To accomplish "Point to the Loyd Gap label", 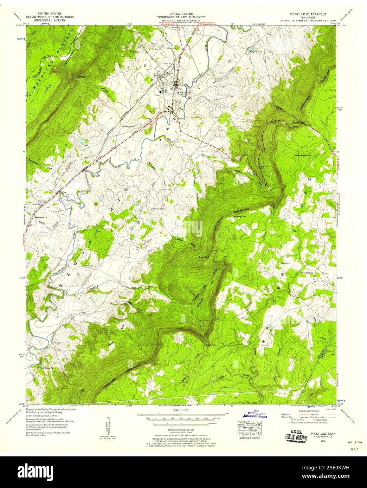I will [204, 257].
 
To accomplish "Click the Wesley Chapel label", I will [159, 209].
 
